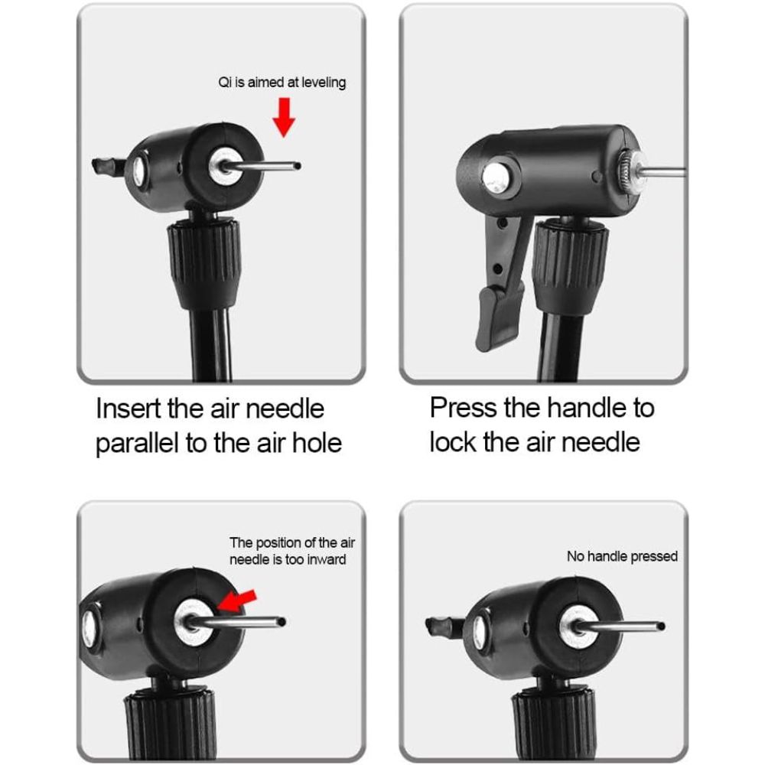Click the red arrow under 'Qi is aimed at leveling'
(284, 120)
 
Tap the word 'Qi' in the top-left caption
(225, 82)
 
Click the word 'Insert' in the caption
(129, 409)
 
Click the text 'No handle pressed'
(622, 556)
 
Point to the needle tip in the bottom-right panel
(660, 626)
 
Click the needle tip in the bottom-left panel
(282, 622)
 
